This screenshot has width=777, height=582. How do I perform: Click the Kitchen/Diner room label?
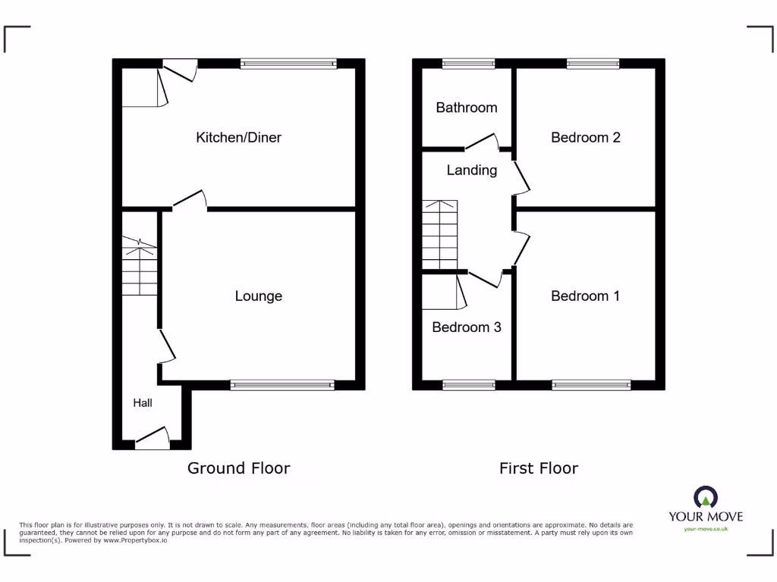coord(238,137)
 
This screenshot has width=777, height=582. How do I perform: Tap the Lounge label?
coord(258,296)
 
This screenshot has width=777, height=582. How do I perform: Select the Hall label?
coord(143,402)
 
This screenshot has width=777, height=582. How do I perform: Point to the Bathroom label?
coord(466,108)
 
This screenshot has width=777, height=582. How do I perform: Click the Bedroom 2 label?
coord(585,137)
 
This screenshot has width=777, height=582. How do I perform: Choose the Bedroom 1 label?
coord(584,296)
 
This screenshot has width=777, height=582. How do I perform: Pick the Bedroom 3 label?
coord(466,327)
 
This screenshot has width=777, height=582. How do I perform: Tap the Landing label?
coord(471,171)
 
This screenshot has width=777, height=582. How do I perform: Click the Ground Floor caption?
coord(238,468)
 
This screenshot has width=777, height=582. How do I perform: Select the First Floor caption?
coord(538,468)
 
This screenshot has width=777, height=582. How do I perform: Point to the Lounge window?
coord(282,385)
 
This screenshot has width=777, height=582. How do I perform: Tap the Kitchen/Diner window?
coord(288,64)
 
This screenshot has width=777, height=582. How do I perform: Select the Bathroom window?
coord(468,64)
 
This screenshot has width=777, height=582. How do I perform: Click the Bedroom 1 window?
coord(591,385)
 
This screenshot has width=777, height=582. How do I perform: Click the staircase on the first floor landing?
coord(440,235)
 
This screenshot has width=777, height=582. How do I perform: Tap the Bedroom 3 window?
coord(468,385)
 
